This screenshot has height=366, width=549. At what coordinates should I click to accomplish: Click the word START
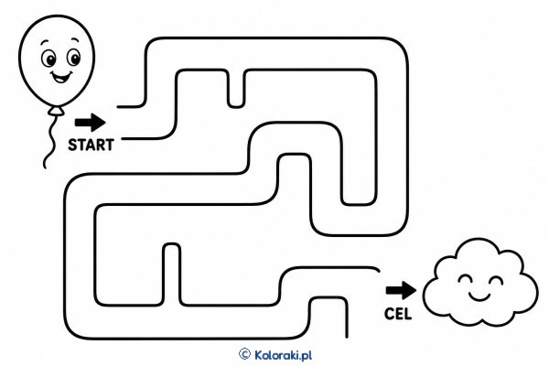[x=91, y=145]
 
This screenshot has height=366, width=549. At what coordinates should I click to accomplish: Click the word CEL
[x=398, y=314]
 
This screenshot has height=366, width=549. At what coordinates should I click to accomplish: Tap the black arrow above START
[x=91, y=123]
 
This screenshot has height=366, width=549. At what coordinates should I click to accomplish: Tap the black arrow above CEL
[x=402, y=290]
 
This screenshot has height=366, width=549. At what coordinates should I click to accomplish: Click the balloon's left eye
[x=49, y=59]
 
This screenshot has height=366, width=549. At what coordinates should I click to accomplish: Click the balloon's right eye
[x=73, y=57]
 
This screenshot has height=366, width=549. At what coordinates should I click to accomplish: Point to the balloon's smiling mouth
[x=61, y=78]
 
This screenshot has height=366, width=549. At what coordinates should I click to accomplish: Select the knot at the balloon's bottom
[x=56, y=112]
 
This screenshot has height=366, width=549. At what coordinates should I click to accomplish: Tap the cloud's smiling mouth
[x=479, y=296]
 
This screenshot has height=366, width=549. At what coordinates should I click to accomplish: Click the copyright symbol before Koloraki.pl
[x=244, y=354]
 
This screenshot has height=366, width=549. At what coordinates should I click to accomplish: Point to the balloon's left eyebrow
[x=44, y=43]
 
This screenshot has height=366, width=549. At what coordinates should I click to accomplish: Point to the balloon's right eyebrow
[x=74, y=38]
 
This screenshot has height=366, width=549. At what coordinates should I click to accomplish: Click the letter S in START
[x=72, y=145]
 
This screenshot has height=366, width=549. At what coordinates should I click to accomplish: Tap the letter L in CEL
[x=407, y=314]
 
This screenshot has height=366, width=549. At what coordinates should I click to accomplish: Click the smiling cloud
[x=480, y=283]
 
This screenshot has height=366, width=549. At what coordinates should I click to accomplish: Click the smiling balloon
[x=57, y=60]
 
